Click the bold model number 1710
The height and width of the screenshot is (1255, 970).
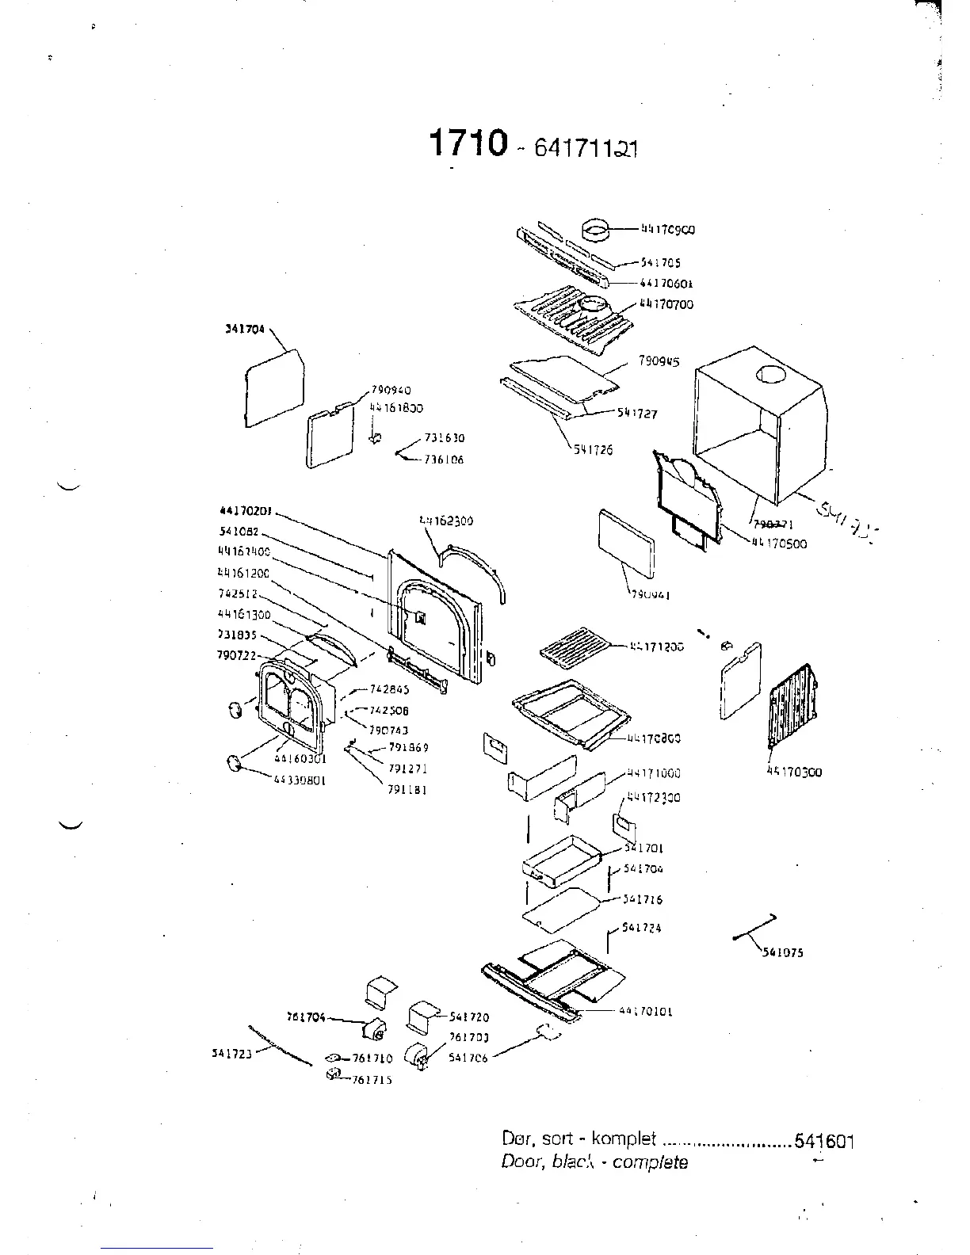pyautogui.click(x=467, y=143)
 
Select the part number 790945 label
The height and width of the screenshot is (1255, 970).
pyautogui.click(x=659, y=361)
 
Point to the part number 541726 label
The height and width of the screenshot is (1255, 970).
pyautogui.click(x=594, y=449)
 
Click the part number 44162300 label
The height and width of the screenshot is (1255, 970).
pyautogui.click(x=446, y=521)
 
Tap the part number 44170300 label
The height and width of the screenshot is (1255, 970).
pyautogui.click(x=794, y=772)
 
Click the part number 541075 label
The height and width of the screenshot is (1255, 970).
pyautogui.click(x=783, y=952)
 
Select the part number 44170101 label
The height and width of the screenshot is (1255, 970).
pyautogui.click(x=646, y=1011)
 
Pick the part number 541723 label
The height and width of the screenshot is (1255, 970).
pyautogui.click(x=231, y=1053)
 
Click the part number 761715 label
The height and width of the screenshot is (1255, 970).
pyautogui.click(x=372, y=1079)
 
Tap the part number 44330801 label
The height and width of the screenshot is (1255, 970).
pyautogui.click(x=300, y=780)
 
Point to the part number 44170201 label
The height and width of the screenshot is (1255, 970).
pyautogui.click(x=245, y=511)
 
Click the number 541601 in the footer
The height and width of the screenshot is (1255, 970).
pyautogui.click(x=824, y=1141)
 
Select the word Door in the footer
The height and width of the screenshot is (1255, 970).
pyautogui.click(x=520, y=1162)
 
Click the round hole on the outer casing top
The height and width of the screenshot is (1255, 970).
pyautogui.click(x=770, y=376)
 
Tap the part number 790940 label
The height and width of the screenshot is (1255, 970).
pyautogui.click(x=391, y=390)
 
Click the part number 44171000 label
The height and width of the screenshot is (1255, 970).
pyautogui.click(x=654, y=773)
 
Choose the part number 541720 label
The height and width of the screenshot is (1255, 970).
pyautogui.click(x=469, y=1017)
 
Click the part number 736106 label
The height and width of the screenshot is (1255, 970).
pyautogui.click(x=444, y=460)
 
